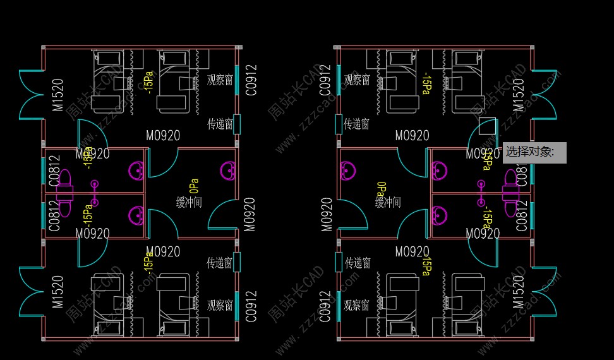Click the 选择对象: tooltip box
pyautogui.click(x=534, y=152)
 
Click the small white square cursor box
pyautogui.click(x=487, y=126)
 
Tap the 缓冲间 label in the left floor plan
pyautogui.click(x=189, y=202)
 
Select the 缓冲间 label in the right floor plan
pyautogui.click(x=388, y=202)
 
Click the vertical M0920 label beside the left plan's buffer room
pyautogui.click(x=250, y=214)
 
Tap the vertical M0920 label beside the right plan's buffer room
pyautogui.click(x=327, y=214)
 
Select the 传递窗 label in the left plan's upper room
pyautogui.click(x=220, y=124)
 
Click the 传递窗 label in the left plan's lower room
pyautogui.click(x=220, y=263)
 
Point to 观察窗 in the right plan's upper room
pyautogui.click(x=356, y=80)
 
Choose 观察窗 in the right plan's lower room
pyautogui.click(x=356, y=306)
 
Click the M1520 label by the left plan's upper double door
pyautogui.click(x=58, y=95)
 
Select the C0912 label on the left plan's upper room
pyautogui.click(x=251, y=80)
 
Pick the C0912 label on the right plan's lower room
pyautogui.click(x=325, y=306)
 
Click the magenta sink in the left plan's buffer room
pyautogui.click(x=229, y=171)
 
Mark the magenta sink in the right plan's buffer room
pyautogui.click(x=347, y=171)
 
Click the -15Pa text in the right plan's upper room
pyautogui.click(x=426, y=83)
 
